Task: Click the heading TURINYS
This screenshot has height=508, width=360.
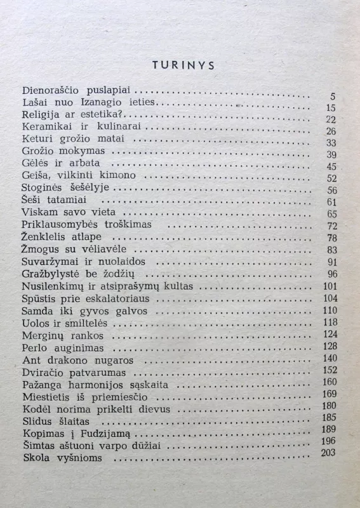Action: (x=183, y=65)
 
